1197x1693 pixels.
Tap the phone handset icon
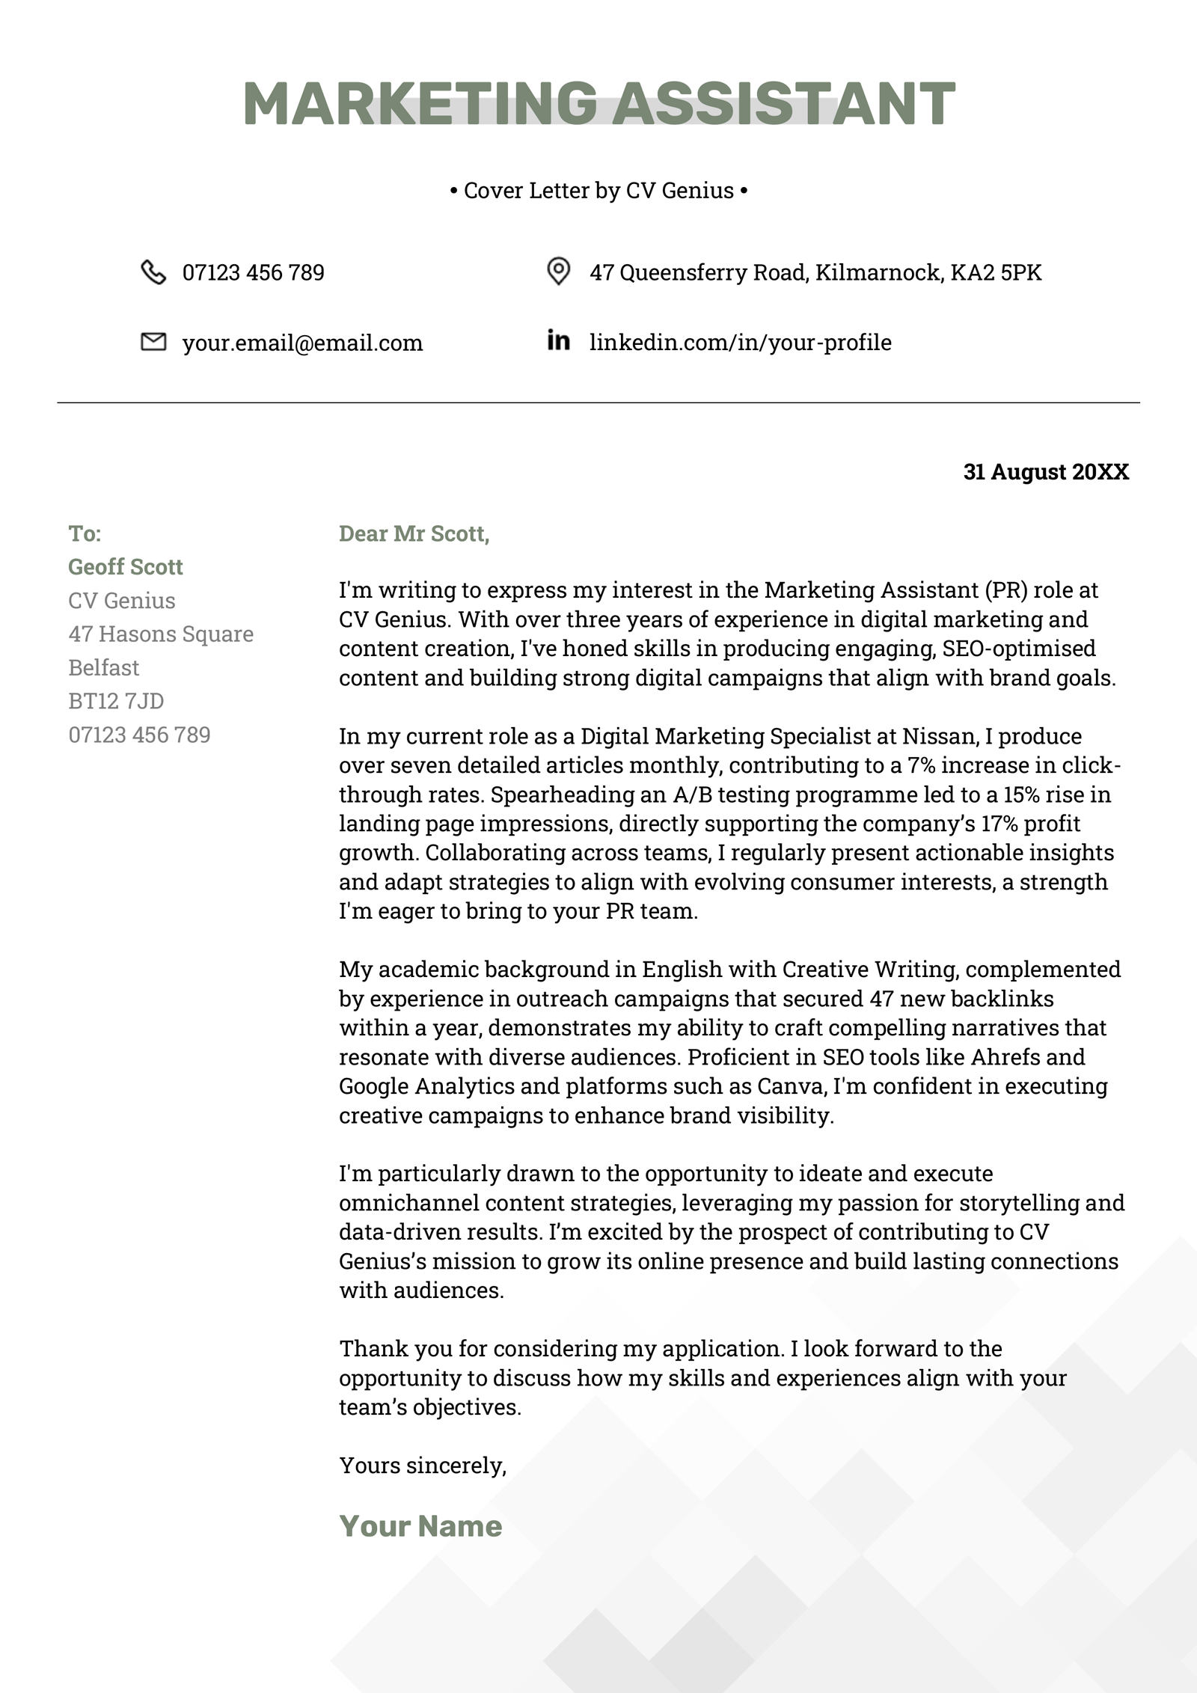click(153, 272)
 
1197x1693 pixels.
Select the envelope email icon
click(153, 342)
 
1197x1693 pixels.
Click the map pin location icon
click(558, 271)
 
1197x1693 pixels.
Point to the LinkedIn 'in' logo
click(558, 340)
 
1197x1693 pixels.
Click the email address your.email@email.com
click(302, 343)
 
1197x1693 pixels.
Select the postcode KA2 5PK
click(996, 272)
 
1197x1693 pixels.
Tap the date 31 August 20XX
click(1046, 472)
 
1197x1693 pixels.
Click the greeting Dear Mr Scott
click(414, 533)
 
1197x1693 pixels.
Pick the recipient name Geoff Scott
click(126, 567)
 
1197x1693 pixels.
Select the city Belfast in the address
click(104, 667)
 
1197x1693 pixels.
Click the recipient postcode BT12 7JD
click(116, 701)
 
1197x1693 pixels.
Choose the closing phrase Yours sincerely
click(423, 1466)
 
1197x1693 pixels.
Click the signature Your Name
click(420, 1526)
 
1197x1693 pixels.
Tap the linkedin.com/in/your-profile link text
click(741, 343)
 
